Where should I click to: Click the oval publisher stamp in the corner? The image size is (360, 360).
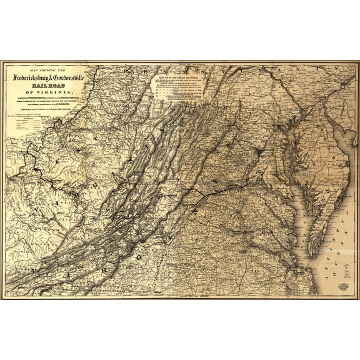[x=343, y=287]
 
